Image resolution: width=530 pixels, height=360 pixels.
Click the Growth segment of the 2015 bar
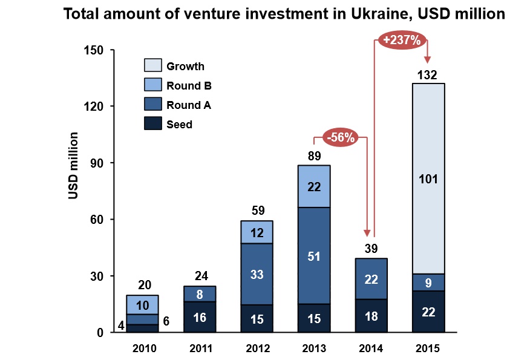(x=428, y=151)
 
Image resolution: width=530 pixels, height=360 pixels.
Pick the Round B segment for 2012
(x=256, y=232)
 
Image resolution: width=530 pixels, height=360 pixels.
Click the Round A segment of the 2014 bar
(x=371, y=278)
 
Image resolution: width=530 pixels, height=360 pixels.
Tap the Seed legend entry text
(x=179, y=125)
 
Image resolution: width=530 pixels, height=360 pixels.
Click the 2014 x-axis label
(x=371, y=349)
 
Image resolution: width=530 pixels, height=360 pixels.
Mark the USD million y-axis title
(x=73, y=165)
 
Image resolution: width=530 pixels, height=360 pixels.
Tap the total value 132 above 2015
(x=428, y=75)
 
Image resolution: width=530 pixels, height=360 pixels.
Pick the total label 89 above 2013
(x=313, y=157)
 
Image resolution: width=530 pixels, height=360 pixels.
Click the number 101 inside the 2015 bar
(x=428, y=178)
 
